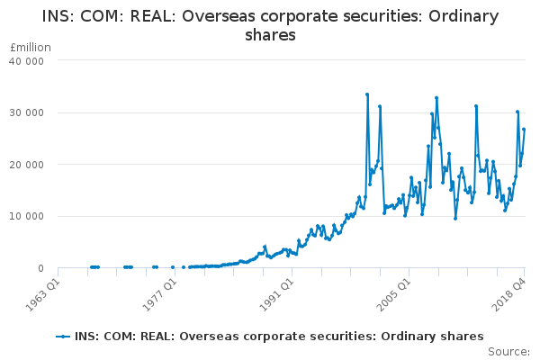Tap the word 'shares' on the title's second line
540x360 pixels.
(270, 35)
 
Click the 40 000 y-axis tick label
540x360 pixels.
(28, 61)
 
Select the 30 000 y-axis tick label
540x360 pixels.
(28, 113)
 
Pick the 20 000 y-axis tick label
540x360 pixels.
(28, 165)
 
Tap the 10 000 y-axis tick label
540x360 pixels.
(28, 217)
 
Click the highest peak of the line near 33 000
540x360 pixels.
(367, 94)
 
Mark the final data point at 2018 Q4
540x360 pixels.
(524, 130)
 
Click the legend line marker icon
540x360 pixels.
(63, 337)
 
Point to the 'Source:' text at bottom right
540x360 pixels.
(509, 351)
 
